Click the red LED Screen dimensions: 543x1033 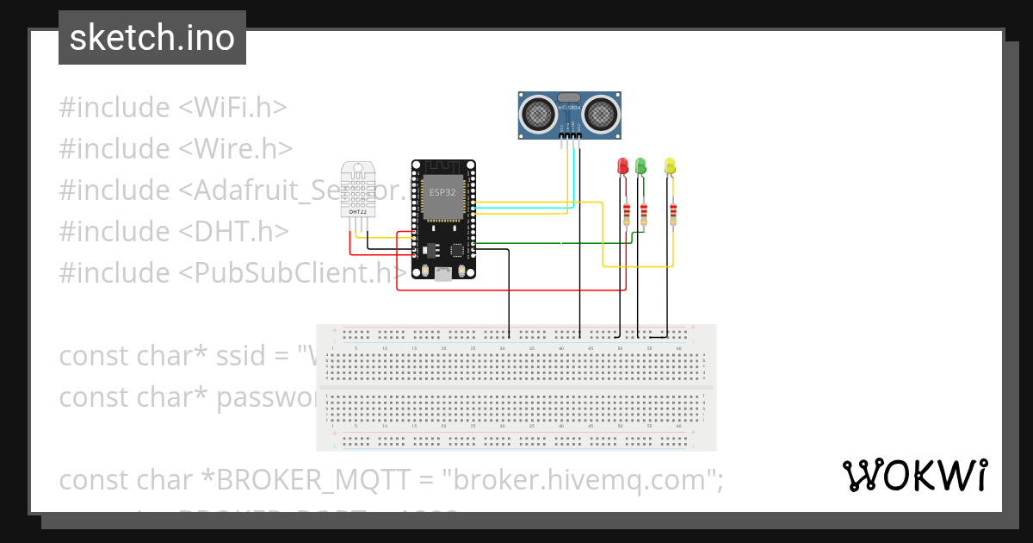(x=623, y=165)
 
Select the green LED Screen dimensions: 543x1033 (x=640, y=165)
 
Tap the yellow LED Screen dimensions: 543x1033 (x=671, y=165)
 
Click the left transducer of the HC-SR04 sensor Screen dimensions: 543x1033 (x=537, y=112)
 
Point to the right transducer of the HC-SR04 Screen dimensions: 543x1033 (x=602, y=112)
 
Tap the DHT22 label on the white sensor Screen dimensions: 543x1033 (x=356, y=211)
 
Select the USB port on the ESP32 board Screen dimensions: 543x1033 (x=442, y=274)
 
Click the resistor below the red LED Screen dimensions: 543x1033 (x=627, y=213)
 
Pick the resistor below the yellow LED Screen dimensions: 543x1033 (x=672, y=213)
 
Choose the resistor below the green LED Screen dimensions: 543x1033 (x=643, y=213)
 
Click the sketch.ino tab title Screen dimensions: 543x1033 (x=152, y=38)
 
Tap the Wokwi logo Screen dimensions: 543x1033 (x=914, y=475)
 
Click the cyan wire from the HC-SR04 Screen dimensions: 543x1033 (x=569, y=172)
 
